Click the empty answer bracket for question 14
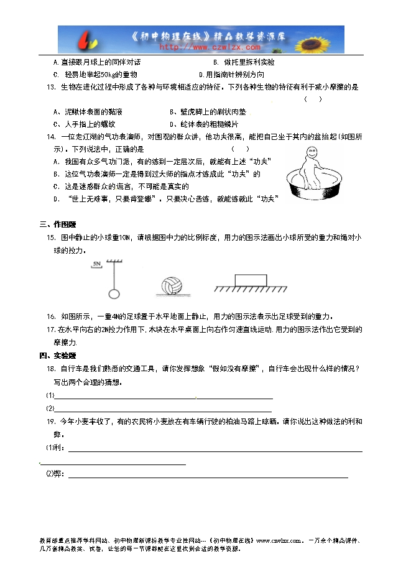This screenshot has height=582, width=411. click(x=240, y=149)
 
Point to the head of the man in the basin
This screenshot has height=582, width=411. click(x=309, y=154)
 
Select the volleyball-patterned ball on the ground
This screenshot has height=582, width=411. click(x=170, y=286)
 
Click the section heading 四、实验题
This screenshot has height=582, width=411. click(x=57, y=356)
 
